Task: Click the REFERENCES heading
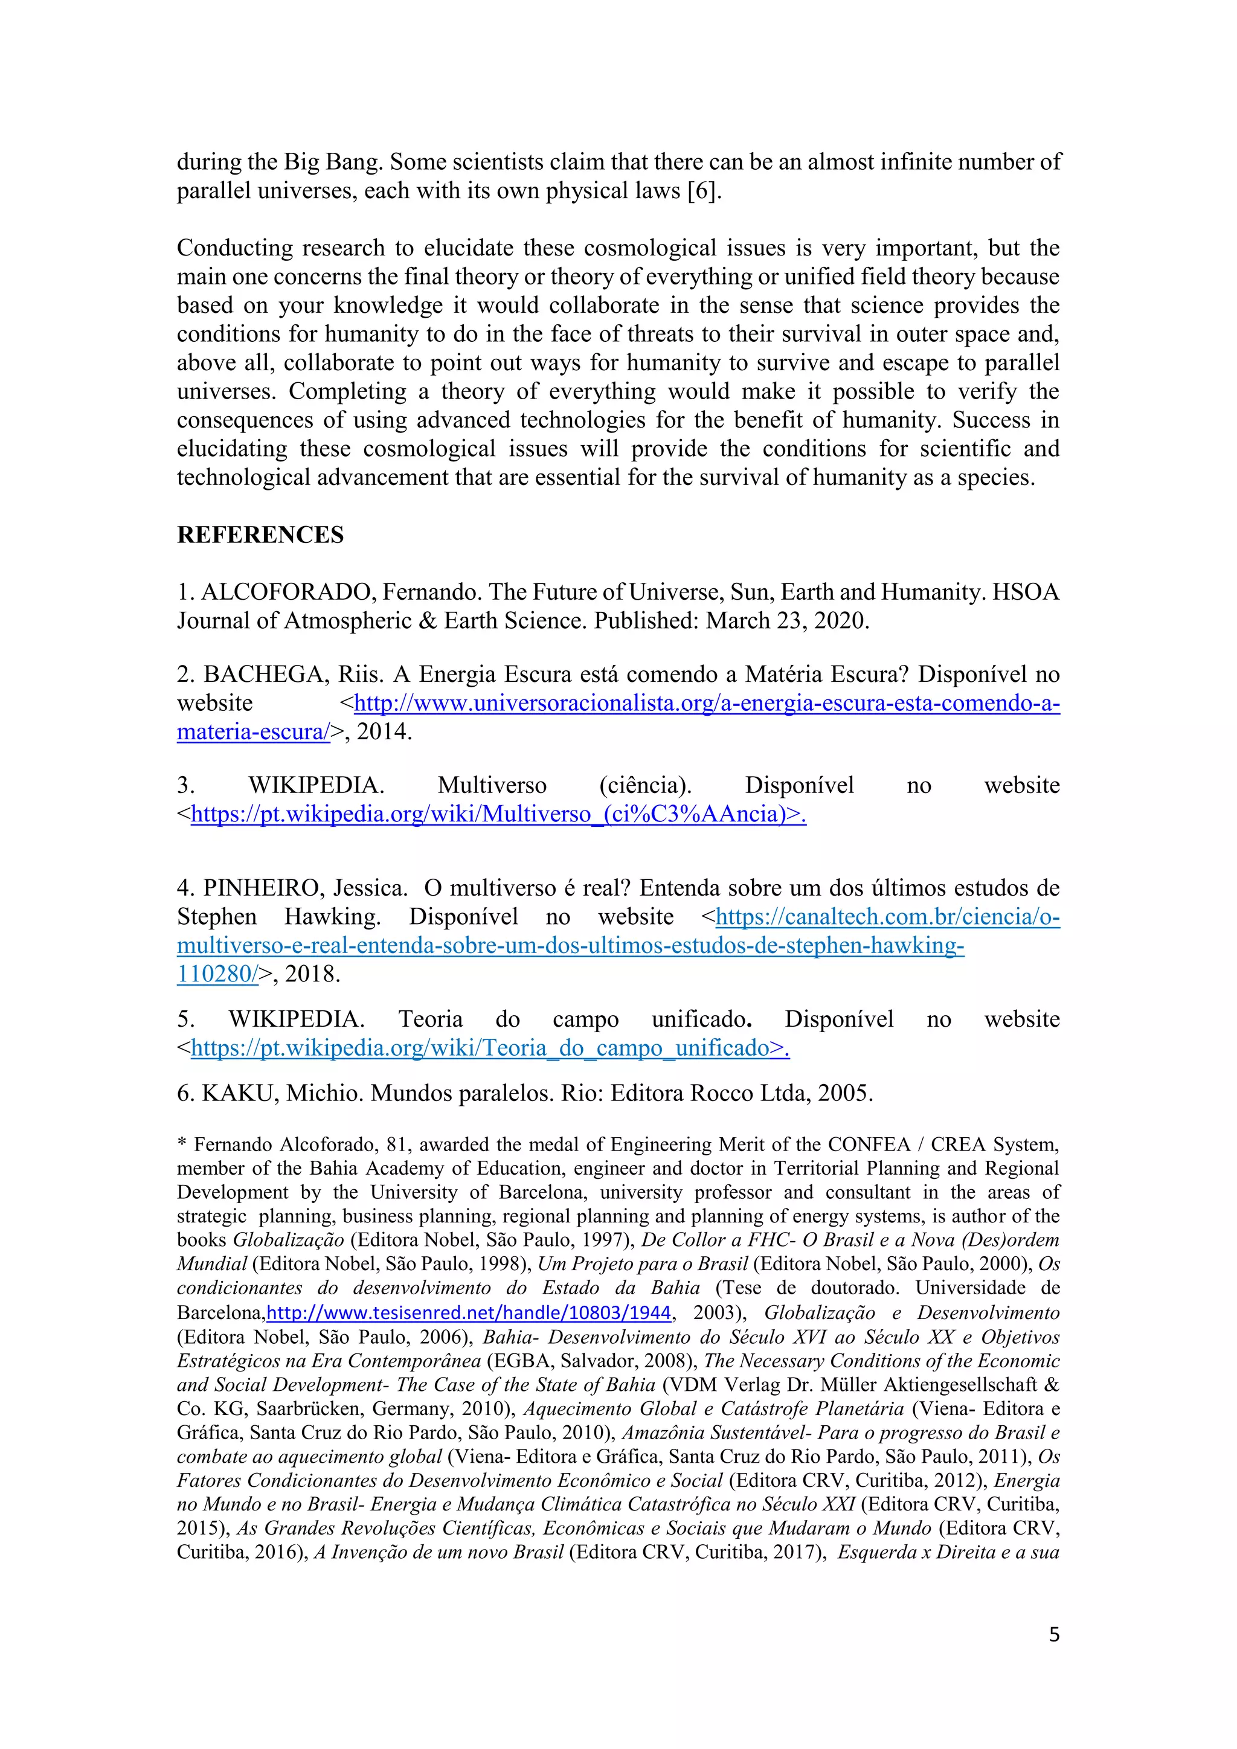[x=260, y=534]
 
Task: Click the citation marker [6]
[x=701, y=190]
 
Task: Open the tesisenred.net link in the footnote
[x=469, y=1312]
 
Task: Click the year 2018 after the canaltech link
[x=312, y=974]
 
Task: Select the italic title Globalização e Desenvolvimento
[x=911, y=1312]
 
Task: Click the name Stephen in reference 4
[x=216, y=917]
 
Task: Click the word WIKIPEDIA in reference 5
[x=297, y=1019]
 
